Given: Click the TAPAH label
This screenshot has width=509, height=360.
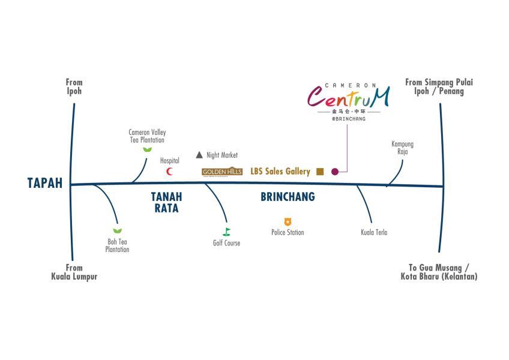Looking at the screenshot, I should (45, 183).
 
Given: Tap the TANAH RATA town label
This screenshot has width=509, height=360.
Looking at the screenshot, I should (166, 202).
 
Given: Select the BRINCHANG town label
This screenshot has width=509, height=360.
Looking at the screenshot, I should (288, 197).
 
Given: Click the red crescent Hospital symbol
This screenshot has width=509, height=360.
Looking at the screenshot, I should (170, 172).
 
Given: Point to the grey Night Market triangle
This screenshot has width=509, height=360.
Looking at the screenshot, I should (199, 155).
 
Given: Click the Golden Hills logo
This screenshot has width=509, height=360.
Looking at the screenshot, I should (222, 172).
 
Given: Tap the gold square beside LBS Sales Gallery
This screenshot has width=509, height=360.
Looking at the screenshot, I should (320, 172).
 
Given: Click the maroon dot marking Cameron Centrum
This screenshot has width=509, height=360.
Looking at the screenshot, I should (335, 172).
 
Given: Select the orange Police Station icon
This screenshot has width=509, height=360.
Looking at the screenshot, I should (288, 222).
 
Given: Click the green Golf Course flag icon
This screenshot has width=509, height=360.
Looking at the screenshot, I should (226, 232).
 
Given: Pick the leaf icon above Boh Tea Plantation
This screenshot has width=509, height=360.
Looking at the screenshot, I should (117, 231).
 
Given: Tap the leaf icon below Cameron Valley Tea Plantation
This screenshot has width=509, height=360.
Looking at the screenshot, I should (147, 149).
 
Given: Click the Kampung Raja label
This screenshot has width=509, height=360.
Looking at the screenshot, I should (402, 148).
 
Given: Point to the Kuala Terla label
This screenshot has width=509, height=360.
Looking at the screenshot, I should (374, 232).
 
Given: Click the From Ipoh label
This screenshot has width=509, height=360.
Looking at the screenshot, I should (74, 87).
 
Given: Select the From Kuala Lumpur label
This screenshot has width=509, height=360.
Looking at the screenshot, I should (74, 272).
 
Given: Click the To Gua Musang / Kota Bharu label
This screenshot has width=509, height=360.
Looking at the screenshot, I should (439, 272).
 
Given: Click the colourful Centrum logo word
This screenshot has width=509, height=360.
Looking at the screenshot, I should (348, 97).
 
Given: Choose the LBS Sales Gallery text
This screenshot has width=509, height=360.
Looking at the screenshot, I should (280, 172).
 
